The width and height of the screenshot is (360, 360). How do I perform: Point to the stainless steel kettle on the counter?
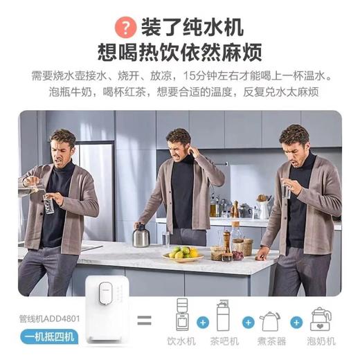(x=142, y=235)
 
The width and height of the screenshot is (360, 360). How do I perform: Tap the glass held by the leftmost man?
(x=48, y=204)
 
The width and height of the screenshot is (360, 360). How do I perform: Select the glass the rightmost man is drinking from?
(x=285, y=190)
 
